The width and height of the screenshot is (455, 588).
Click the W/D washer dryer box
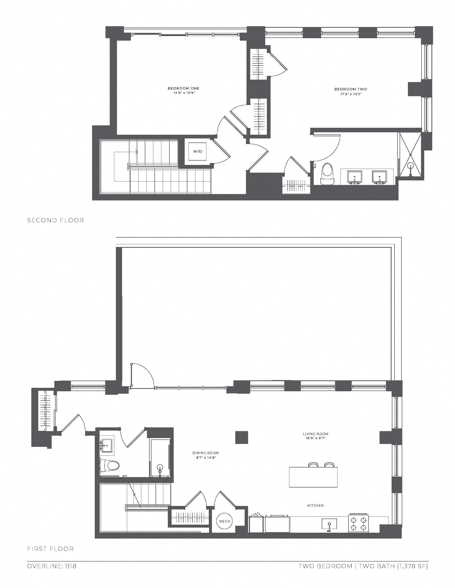[x=197, y=151]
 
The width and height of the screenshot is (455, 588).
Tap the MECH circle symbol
[x=225, y=521]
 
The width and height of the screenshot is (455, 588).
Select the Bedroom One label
[x=184, y=88]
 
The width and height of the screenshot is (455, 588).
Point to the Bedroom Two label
[x=351, y=89]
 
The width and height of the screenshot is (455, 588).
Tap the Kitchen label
[x=315, y=506]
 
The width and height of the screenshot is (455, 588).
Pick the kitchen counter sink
[x=329, y=524]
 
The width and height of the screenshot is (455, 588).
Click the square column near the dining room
[x=241, y=437]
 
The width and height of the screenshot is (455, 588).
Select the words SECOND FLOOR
[x=55, y=220]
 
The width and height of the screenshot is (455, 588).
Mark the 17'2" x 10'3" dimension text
[x=351, y=94]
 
